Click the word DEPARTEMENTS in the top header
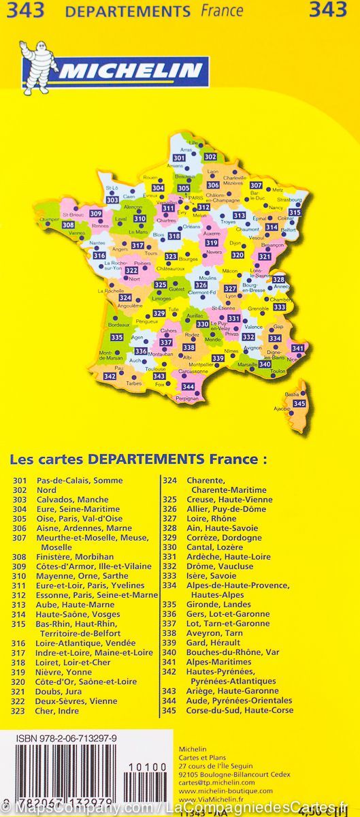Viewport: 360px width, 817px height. (x=127, y=12)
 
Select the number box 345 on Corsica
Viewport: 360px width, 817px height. (x=299, y=404)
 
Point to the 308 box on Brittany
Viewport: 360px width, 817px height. (x=68, y=225)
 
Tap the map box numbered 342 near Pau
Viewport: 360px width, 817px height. (x=110, y=376)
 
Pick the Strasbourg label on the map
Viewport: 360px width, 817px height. (x=289, y=199)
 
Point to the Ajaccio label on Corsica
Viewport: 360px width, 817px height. (x=281, y=409)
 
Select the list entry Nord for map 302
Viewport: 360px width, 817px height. (x=47, y=490)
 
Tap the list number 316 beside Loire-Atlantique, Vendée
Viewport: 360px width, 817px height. (x=19, y=643)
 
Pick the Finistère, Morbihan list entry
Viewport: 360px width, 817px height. (x=76, y=557)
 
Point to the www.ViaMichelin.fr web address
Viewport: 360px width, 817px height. (x=210, y=799)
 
